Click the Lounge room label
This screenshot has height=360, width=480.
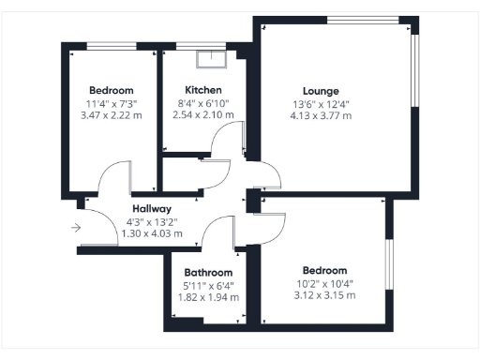click(321, 91)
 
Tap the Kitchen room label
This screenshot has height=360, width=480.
click(202, 91)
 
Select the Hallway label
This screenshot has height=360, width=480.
click(150, 209)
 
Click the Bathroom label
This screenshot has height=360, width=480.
click(207, 273)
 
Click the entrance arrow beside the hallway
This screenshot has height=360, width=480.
click(75, 227)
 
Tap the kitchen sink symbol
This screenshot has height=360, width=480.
click(211, 58)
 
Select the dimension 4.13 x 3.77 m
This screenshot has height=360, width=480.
click(321, 116)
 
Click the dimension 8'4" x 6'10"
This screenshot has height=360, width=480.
click(203, 103)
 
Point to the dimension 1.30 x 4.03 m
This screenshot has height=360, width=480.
click(151, 233)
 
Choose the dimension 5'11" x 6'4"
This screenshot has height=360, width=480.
click(207, 285)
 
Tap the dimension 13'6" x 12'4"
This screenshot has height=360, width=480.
click(321, 104)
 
